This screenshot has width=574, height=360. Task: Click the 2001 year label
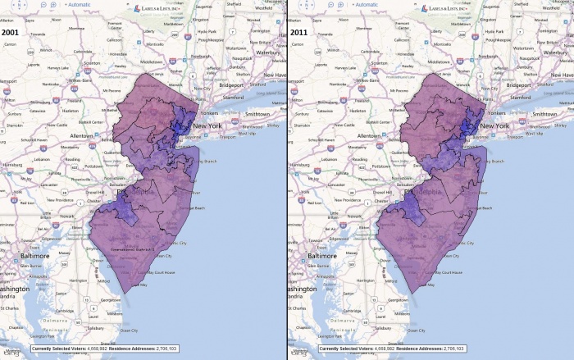[11, 32]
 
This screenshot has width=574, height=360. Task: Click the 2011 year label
[299, 32]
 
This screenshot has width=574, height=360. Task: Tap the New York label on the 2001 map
[211, 125]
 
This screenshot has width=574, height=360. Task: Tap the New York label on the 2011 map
[499, 125]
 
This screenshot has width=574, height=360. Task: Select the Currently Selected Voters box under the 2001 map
[92, 349]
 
